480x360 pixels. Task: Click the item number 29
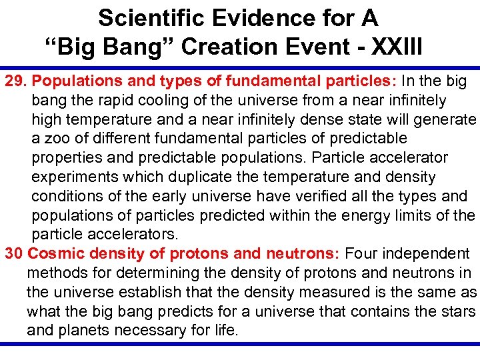pyautogui.click(x=16, y=81)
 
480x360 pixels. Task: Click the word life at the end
pyautogui.click(x=225, y=331)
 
